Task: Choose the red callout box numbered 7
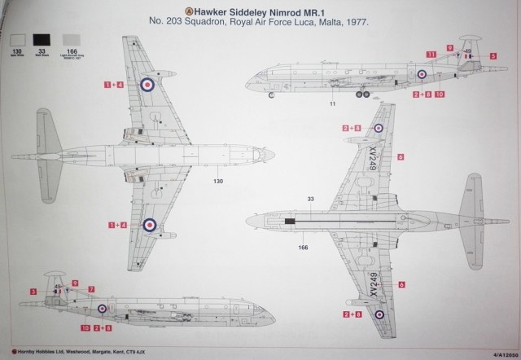(x=91, y=289)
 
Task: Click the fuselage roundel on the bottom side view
(x=102, y=309)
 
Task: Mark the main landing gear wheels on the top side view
(x=361, y=94)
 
